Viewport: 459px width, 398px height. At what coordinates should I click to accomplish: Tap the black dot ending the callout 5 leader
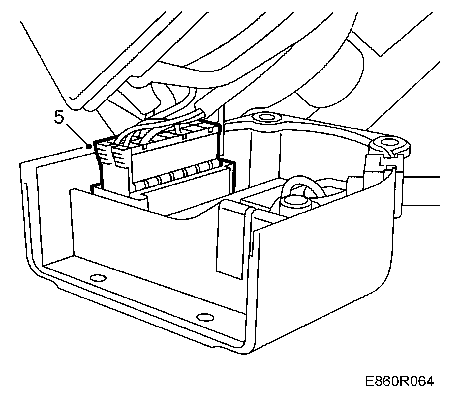tap(88, 147)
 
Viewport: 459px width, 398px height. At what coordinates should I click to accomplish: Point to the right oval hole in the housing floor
tap(205, 317)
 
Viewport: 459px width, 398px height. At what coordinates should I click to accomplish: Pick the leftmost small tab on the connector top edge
tap(144, 147)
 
